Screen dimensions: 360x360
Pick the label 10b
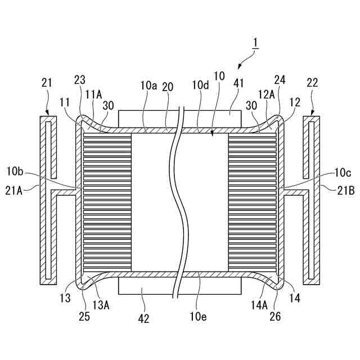coord(15,170)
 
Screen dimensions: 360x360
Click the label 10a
coord(148,85)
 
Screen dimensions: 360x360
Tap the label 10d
coord(200,85)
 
